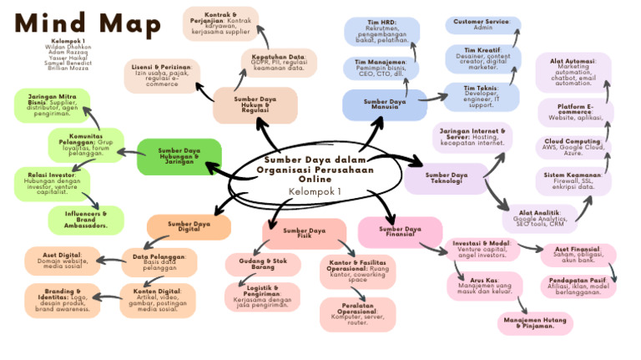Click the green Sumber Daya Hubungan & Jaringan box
pyautogui.click(x=179, y=156)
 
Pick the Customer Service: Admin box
pyautogui.click(x=482, y=25)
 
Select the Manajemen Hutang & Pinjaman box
pyautogui.click(x=535, y=322)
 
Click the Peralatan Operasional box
pyautogui.click(x=357, y=313)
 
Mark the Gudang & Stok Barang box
pyautogui.click(x=263, y=264)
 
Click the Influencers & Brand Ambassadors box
pyautogui.click(x=87, y=220)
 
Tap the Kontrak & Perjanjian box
pyautogui.click(x=221, y=24)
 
